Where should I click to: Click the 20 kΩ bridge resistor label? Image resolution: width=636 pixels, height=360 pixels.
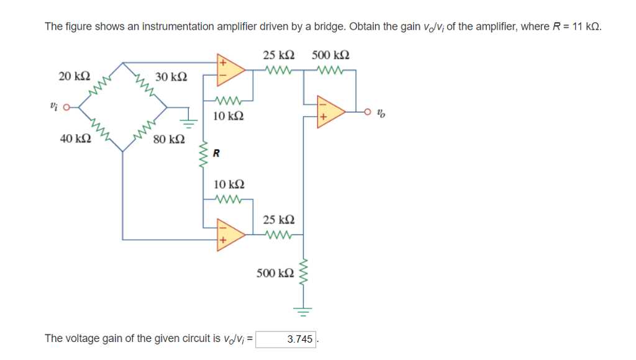pyautogui.click(x=74, y=76)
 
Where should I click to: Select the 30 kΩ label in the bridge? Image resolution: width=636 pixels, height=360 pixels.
pyautogui.click(x=170, y=77)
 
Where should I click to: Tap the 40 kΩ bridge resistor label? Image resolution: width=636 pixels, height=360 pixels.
pyautogui.click(x=75, y=138)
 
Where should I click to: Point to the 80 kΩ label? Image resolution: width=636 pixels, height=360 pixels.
pyautogui.click(x=168, y=140)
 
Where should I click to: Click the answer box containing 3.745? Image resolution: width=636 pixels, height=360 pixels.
pyautogui.click(x=286, y=340)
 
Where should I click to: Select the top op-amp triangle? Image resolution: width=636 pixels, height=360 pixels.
pyautogui.click(x=228, y=70)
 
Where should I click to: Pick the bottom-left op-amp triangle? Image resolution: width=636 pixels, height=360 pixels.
pyautogui.click(x=228, y=235)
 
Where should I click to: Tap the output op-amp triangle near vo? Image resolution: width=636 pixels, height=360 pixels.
pyautogui.click(x=329, y=112)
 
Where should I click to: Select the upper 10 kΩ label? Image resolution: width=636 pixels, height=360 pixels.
pyautogui.click(x=228, y=116)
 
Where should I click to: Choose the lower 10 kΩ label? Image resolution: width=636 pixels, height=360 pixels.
pyautogui.click(x=228, y=184)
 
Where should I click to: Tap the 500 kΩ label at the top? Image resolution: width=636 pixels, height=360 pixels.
pyautogui.click(x=330, y=55)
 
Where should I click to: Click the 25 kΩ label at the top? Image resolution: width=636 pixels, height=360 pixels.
pyautogui.click(x=278, y=55)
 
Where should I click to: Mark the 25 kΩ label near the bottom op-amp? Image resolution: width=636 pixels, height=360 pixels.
pyautogui.click(x=278, y=220)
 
